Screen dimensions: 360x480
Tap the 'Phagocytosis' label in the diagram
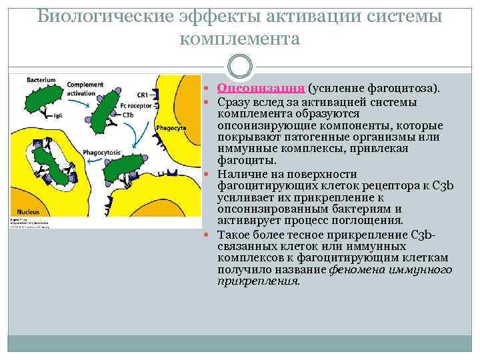[x=101, y=153]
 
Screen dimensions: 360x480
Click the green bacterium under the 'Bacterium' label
[x=47, y=100]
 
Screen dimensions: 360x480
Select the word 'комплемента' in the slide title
[x=240, y=39]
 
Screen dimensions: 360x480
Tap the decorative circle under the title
[x=240, y=67]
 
